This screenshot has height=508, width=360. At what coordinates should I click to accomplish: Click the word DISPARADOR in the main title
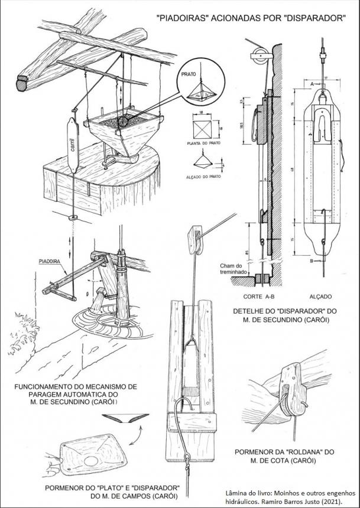(312, 18)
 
